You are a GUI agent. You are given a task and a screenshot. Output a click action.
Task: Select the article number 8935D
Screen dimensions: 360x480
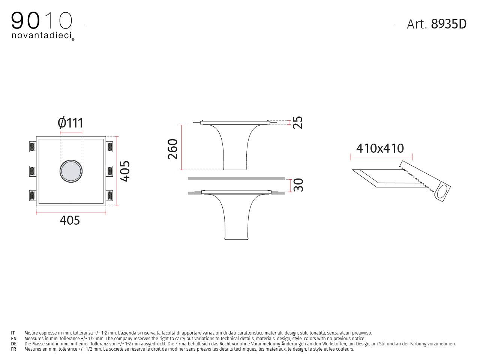pos(448,24)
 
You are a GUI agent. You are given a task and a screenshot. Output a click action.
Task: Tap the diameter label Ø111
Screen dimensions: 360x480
pos(70,123)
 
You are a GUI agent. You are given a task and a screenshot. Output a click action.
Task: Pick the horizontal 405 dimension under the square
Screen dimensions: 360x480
pos(70,220)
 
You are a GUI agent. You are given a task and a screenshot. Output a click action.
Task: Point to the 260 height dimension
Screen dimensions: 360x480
pos(172,148)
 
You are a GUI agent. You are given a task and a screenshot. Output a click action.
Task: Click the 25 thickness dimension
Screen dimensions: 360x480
pos(298,123)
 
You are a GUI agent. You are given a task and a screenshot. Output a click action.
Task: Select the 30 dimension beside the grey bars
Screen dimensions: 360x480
pos(298,185)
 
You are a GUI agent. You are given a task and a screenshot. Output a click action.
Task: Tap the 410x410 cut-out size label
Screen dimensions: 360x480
pos(380,148)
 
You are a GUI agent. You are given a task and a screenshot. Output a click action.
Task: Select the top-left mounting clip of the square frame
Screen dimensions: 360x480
pos(32,147)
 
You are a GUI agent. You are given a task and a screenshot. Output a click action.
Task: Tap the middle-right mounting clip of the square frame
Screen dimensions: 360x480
pos(110,171)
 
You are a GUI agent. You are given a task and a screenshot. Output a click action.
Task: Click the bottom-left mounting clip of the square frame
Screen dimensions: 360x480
pos(32,195)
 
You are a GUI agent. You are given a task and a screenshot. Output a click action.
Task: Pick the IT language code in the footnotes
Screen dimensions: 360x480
pos(13,333)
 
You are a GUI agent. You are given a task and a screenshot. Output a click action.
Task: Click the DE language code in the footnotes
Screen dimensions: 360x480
pos(13,343)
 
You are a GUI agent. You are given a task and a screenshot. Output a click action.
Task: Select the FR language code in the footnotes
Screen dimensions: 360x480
pos(13,349)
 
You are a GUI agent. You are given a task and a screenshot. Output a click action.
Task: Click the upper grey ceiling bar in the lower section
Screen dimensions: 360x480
pos(236,178)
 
